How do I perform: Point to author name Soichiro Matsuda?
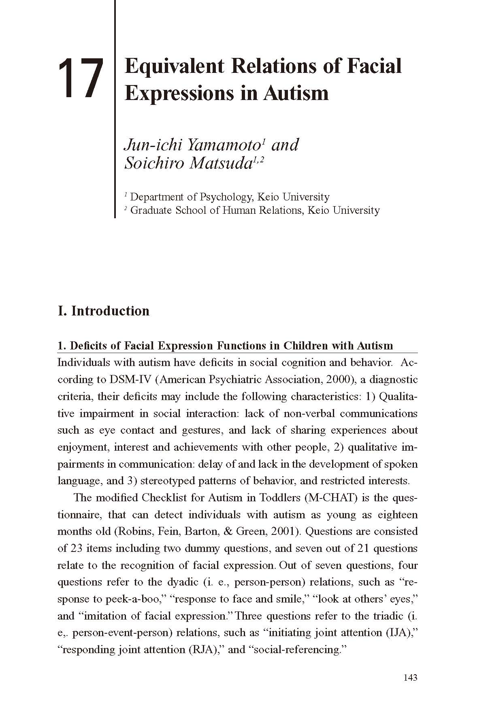188,163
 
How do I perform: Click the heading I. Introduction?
104,311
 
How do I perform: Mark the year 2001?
284,531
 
